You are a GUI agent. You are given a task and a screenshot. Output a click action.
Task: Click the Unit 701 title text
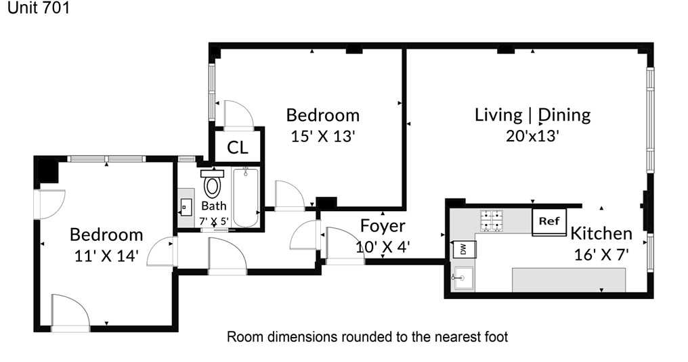(x=39, y=7)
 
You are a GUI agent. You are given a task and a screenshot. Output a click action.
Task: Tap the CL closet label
(x=238, y=148)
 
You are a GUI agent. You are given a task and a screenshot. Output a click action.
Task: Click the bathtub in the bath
(x=245, y=197)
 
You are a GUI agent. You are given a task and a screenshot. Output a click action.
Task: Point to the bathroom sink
(x=186, y=207)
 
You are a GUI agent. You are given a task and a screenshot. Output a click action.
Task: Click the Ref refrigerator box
(x=549, y=222)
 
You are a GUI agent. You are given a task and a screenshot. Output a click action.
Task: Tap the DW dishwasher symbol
(x=464, y=250)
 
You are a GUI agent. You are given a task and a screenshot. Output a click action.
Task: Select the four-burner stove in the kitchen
(x=492, y=221)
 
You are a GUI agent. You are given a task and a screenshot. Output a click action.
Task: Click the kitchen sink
(x=463, y=278)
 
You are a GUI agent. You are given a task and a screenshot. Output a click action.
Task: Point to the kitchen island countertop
(x=569, y=280)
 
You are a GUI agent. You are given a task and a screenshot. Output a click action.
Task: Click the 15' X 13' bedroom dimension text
(x=322, y=136)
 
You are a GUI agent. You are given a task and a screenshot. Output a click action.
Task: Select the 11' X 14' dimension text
(x=106, y=256)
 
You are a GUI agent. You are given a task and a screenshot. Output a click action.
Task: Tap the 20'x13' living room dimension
(x=532, y=136)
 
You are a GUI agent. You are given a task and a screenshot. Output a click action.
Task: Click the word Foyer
(x=382, y=226)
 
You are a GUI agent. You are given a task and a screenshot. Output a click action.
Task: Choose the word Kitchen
(x=601, y=233)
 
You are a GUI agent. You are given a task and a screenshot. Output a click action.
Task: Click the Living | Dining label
(x=533, y=115)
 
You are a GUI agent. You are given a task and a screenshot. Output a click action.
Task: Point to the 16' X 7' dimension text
(x=601, y=254)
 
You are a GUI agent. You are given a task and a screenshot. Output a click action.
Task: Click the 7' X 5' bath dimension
(x=214, y=221)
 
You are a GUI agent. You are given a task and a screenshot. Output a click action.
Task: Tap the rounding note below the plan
(x=367, y=336)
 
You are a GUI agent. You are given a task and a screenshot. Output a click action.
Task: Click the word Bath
(x=214, y=206)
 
